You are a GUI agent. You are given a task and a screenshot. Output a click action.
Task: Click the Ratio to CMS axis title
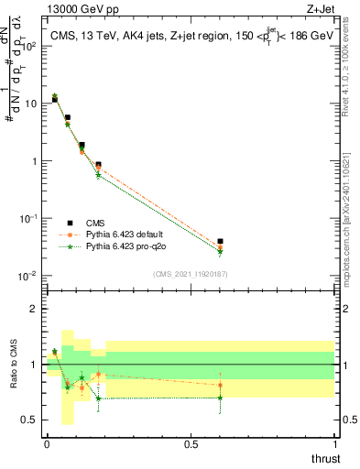click(x=15, y=365)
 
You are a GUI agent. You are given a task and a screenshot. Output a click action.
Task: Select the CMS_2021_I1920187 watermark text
click(x=189, y=274)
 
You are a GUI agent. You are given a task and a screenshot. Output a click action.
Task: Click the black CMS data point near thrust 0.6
click(x=220, y=242)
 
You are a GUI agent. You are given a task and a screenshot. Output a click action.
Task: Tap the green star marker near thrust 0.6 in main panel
click(x=220, y=252)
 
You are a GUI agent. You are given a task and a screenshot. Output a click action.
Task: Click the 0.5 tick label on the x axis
click(x=191, y=445)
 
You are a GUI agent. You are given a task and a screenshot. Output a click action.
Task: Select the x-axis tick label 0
click(x=47, y=445)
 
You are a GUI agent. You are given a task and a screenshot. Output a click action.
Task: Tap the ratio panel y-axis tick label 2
click(x=35, y=309)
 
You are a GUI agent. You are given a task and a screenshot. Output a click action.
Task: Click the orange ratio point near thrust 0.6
click(x=220, y=385)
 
